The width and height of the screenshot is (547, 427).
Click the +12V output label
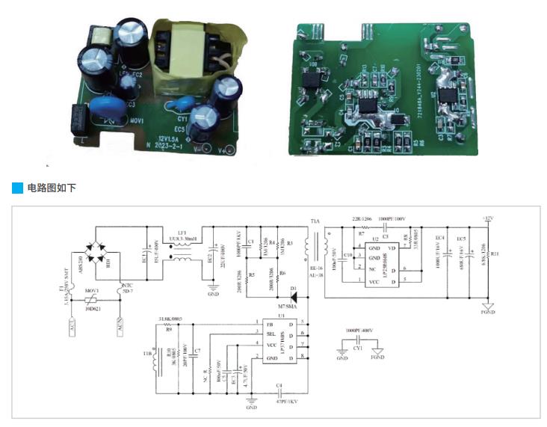tap(487, 218)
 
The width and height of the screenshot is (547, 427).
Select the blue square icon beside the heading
tap(17, 187)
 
